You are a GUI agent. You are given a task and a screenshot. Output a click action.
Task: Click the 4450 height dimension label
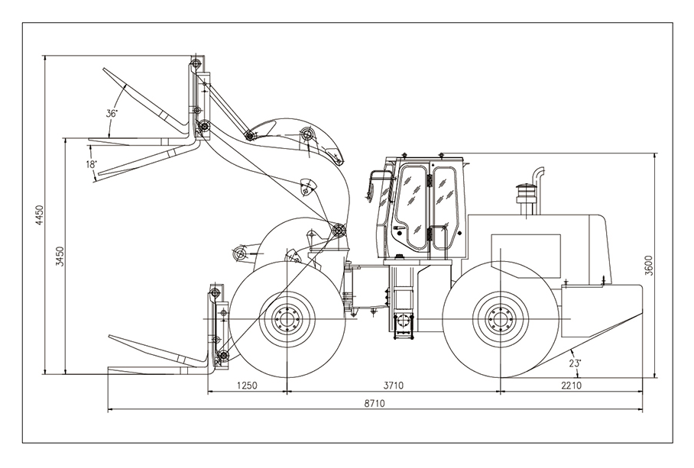tap(35, 215)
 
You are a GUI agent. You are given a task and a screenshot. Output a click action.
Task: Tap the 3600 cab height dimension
tap(648, 265)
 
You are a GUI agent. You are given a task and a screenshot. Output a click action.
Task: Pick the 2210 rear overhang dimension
tap(571, 386)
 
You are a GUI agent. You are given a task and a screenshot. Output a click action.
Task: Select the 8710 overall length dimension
tap(375, 403)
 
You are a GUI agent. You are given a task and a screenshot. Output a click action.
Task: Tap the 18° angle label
tap(92, 164)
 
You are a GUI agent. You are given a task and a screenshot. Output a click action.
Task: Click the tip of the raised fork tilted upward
tap(104, 70)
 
